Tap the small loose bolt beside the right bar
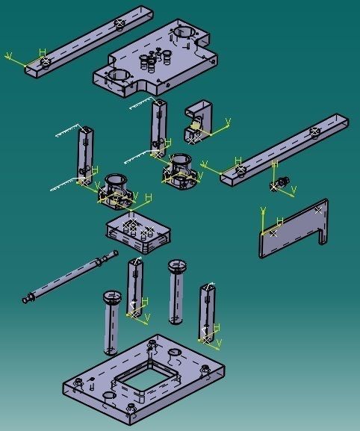pos(282,182)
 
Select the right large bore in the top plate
pos(184,33)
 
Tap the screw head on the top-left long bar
pos(120,24)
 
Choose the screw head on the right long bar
pos(314,131)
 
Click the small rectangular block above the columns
pos(137,234)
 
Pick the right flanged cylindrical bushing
pos(181,167)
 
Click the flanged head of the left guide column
pos(113,297)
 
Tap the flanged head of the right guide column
pos(177,265)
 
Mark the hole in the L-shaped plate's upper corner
pos(319,210)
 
